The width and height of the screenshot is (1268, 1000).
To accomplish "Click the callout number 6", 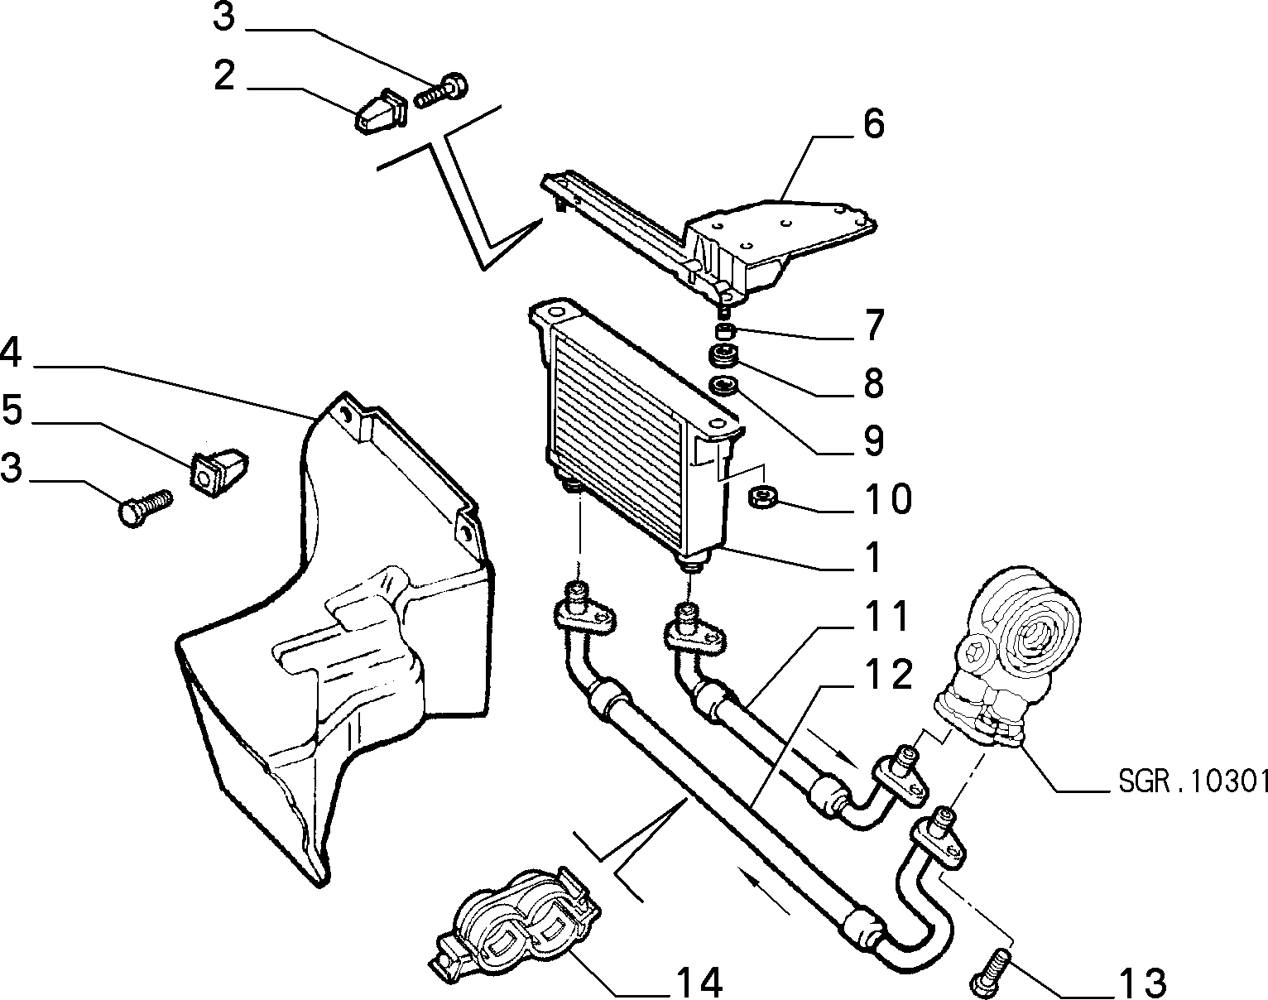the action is click(874, 124).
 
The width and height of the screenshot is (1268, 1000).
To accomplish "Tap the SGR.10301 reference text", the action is click(1192, 781).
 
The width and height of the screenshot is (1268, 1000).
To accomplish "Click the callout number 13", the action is click(1143, 983).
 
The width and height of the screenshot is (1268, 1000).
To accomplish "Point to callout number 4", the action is click(12, 352).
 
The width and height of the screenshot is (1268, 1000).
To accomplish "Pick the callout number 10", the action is click(888, 499).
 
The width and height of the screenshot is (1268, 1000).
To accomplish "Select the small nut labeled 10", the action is click(763, 496).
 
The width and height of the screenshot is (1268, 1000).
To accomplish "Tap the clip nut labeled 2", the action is click(382, 112).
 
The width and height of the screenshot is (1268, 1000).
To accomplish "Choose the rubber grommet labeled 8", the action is click(723, 356).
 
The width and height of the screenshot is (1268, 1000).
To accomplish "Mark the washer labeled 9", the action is click(723, 387).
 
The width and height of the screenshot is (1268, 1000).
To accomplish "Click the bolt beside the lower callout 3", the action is click(146, 508).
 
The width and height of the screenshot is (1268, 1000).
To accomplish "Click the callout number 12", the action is click(888, 674).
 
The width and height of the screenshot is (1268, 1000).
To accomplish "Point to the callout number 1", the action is click(872, 557).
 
